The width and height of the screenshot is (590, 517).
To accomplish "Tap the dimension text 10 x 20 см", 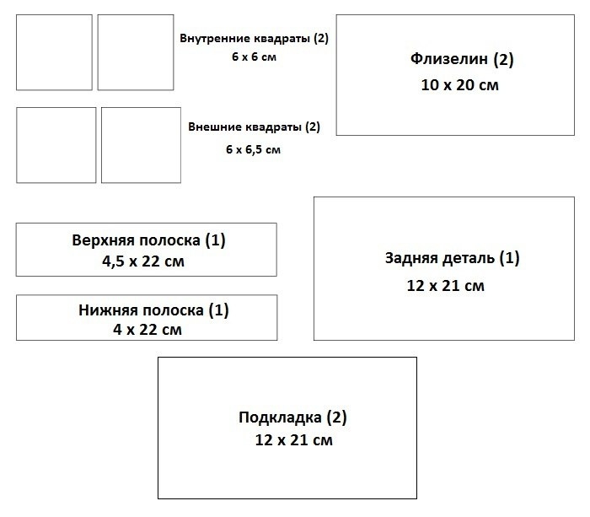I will tap(460, 85).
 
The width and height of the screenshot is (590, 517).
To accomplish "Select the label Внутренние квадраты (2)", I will tap(254, 39).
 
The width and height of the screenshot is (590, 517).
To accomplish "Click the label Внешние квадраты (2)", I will tap(255, 127).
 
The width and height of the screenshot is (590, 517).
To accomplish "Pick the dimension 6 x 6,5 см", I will tap(253, 148).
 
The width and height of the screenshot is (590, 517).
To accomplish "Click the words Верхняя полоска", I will tap(136, 240).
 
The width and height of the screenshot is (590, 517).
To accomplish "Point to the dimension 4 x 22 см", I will tap(147, 330).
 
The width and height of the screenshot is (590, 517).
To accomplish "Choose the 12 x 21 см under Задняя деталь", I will tap(445, 285).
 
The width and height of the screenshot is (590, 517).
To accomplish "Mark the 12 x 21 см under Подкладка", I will tap(293, 440).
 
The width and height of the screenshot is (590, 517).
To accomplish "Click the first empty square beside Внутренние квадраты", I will tap(54, 52).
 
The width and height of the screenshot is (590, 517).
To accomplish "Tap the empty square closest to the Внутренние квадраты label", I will tap(136, 52).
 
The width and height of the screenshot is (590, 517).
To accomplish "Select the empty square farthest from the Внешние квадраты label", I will tap(56, 145).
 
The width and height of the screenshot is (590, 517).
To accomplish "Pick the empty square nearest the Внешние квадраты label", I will tap(141, 145).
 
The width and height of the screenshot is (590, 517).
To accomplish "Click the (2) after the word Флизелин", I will tap(503, 60).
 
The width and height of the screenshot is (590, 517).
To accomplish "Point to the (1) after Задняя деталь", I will tap(510, 258).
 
